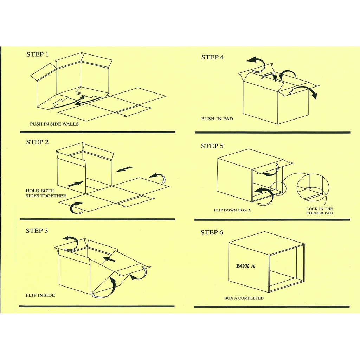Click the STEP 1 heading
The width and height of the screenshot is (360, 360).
pyautogui.click(x=37, y=54)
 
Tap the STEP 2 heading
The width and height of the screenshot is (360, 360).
pyautogui.click(x=37, y=142)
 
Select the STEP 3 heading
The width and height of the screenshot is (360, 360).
pyautogui.click(x=37, y=231)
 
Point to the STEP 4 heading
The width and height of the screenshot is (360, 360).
pyautogui.click(x=212, y=57)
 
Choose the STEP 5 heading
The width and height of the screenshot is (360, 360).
pyautogui.click(x=212, y=146)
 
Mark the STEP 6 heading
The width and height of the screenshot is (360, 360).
pyautogui.click(x=212, y=232)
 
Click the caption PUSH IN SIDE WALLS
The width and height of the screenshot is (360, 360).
pyautogui.click(x=54, y=124)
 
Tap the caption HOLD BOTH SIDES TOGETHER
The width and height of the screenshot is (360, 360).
pyautogui.click(x=46, y=193)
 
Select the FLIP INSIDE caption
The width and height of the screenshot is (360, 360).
pyautogui.click(x=40, y=295)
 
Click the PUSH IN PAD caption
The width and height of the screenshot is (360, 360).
pyautogui.click(x=217, y=119)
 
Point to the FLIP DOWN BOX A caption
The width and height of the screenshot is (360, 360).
pyautogui.click(x=232, y=210)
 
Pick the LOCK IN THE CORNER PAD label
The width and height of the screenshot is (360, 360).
pyautogui.click(x=319, y=211)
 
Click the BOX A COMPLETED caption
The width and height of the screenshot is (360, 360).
pyautogui.click(x=244, y=298)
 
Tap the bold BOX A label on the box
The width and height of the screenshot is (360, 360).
pyautogui.click(x=245, y=266)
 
